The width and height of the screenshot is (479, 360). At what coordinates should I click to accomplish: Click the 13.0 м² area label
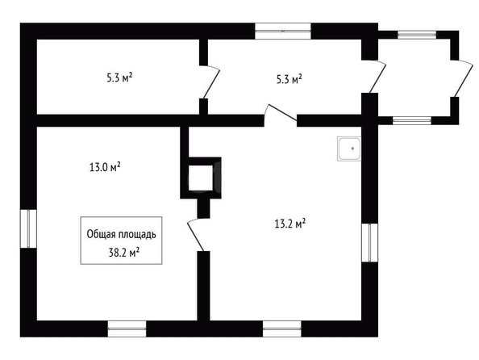(105, 167)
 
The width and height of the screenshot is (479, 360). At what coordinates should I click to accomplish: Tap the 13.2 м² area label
(290, 224)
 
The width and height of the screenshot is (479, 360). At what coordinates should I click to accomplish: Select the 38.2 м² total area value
(124, 253)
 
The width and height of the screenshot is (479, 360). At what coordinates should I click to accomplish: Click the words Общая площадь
(121, 234)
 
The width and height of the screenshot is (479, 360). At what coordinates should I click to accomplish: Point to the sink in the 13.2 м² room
(349, 149)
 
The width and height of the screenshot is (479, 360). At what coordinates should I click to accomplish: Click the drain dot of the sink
(352, 149)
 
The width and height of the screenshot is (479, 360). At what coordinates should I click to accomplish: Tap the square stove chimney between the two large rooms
(201, 178)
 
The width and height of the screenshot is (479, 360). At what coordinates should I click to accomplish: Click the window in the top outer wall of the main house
(283, 31)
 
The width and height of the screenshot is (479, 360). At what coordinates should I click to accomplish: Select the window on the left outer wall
(28, 228)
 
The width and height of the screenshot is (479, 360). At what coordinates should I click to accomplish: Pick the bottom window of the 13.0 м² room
(127, 329)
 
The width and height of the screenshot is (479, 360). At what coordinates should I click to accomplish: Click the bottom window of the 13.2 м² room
(282, 329)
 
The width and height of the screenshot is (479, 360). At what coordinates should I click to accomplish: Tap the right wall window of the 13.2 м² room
(369, 242)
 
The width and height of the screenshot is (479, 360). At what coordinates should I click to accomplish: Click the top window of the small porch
(417, 35)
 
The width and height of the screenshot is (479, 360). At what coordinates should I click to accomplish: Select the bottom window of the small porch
(412, 120)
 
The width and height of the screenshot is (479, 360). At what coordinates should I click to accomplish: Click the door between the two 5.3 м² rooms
(210, 82)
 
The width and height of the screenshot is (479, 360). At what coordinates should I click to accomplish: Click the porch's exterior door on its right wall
(462, 78)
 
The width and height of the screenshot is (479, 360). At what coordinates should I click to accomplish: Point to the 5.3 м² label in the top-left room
(119, 78)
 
